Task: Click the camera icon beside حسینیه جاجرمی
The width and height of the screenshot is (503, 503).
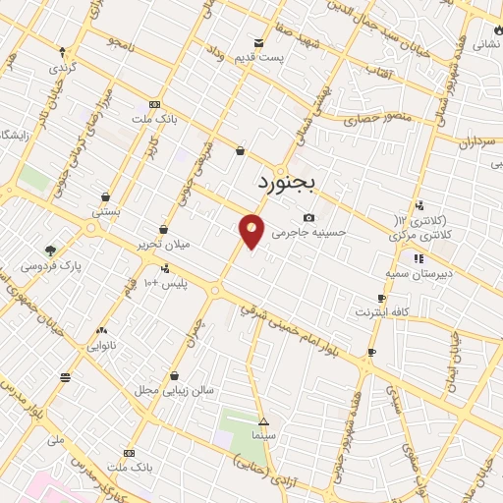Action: point(309,217)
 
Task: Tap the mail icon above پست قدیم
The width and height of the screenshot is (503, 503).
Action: point(258,42)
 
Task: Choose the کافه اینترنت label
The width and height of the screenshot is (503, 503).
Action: point(381,313)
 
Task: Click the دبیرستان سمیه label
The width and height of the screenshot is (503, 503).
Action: point(419,274)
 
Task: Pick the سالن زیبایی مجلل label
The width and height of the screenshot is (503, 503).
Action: point(175,390)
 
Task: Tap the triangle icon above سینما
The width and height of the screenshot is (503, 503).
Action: point(262,419)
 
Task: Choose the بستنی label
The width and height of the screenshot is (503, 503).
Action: point(105,210)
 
